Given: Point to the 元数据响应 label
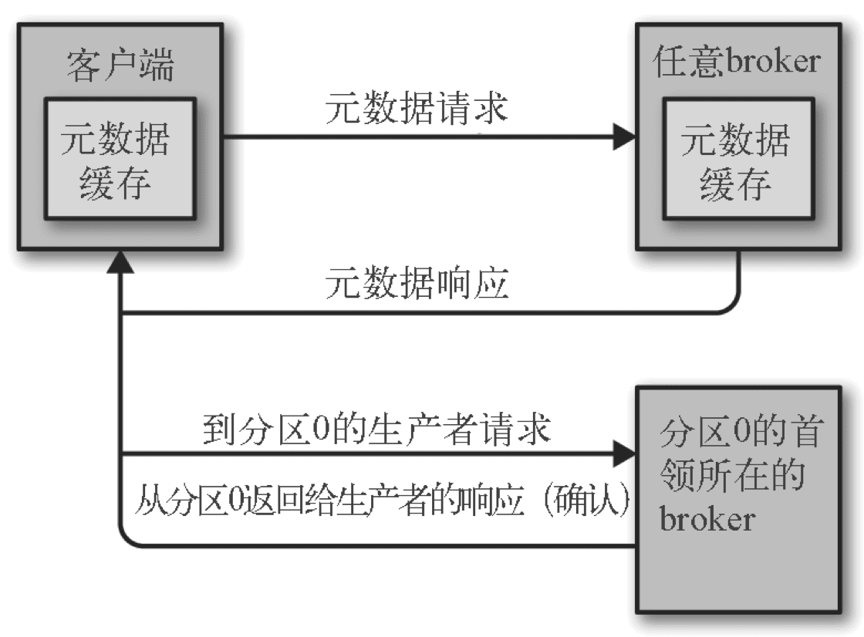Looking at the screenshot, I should point(417,285).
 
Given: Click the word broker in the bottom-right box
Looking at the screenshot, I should point(707,518).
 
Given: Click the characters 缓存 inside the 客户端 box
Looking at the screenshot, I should point(119,185).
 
